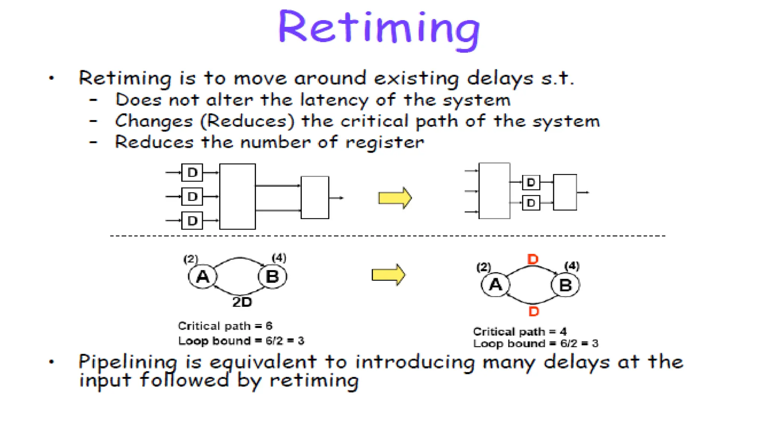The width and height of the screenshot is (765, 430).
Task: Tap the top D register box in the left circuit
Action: point(192,172)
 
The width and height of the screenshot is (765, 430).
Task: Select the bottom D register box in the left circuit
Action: point(192,221)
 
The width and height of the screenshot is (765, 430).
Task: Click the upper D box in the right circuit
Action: point(531,183)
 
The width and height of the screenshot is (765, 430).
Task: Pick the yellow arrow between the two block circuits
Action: point(395,198)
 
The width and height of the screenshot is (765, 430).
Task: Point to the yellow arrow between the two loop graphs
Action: point(388,275)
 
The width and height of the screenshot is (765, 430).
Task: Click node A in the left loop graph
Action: point(202,277)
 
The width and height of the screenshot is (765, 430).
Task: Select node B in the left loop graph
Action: point(272,277)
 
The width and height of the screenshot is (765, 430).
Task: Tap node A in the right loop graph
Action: point(495,285)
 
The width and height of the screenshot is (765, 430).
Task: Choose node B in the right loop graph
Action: point(565,286)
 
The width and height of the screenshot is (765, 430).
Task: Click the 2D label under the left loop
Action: point(242,302)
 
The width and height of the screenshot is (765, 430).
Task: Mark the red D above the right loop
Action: point(533,259)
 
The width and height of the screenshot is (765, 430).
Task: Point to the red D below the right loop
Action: point(534,311)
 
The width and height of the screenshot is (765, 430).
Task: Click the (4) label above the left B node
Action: point(279,258)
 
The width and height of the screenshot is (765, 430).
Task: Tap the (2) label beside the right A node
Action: point(484,267)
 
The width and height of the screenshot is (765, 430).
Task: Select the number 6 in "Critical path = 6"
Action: point(269,326)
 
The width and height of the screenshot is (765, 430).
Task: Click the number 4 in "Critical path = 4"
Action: point(563,331)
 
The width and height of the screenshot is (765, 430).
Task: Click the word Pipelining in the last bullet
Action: point(127,362)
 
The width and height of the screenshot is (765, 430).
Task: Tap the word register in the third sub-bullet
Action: point(385,143)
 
